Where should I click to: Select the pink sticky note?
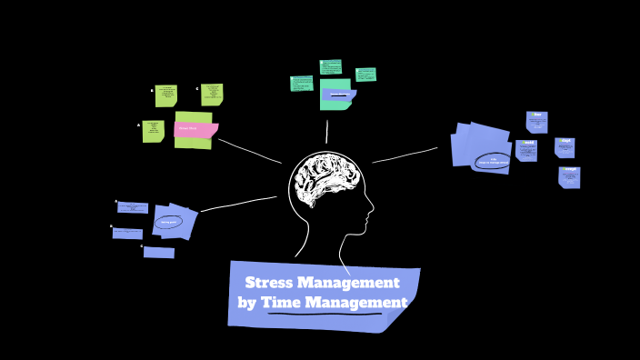click(x=195, y=129)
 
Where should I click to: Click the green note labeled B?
click(x=165, y=95)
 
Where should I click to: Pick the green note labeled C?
click(x=212, y=95)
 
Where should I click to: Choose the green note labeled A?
click(x=153, y=131)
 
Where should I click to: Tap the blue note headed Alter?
click(x=536, y=122)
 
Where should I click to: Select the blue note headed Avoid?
click(x=526, y=150)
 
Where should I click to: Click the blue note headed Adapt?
click(x=565, y=147)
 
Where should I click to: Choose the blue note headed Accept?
click(x=569, y=176)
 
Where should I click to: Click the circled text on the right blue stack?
click(x=492, y=162)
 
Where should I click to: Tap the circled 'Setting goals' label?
click(x=168, y=222)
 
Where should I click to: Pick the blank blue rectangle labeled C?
click(x=159, y=253)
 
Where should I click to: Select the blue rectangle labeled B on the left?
click(x=127, y=234)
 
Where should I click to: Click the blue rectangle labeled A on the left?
click(x=133, y=208)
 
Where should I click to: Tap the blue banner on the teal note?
click(x=338, y=95)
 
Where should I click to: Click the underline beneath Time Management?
click(x=325, y=314)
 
